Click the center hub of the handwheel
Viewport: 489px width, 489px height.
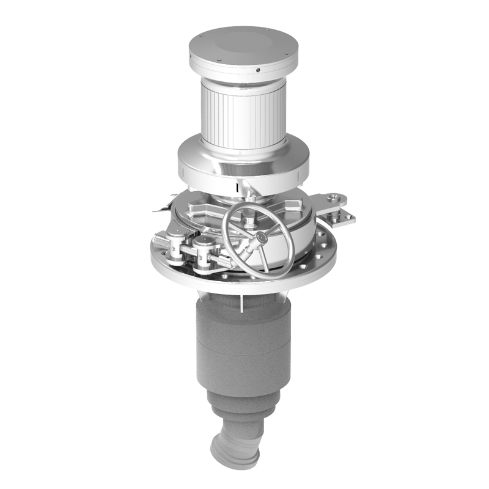tap(259, 237)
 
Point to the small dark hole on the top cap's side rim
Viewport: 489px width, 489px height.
tap(259, 72)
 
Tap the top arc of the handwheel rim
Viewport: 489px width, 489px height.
tap(257, 205)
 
